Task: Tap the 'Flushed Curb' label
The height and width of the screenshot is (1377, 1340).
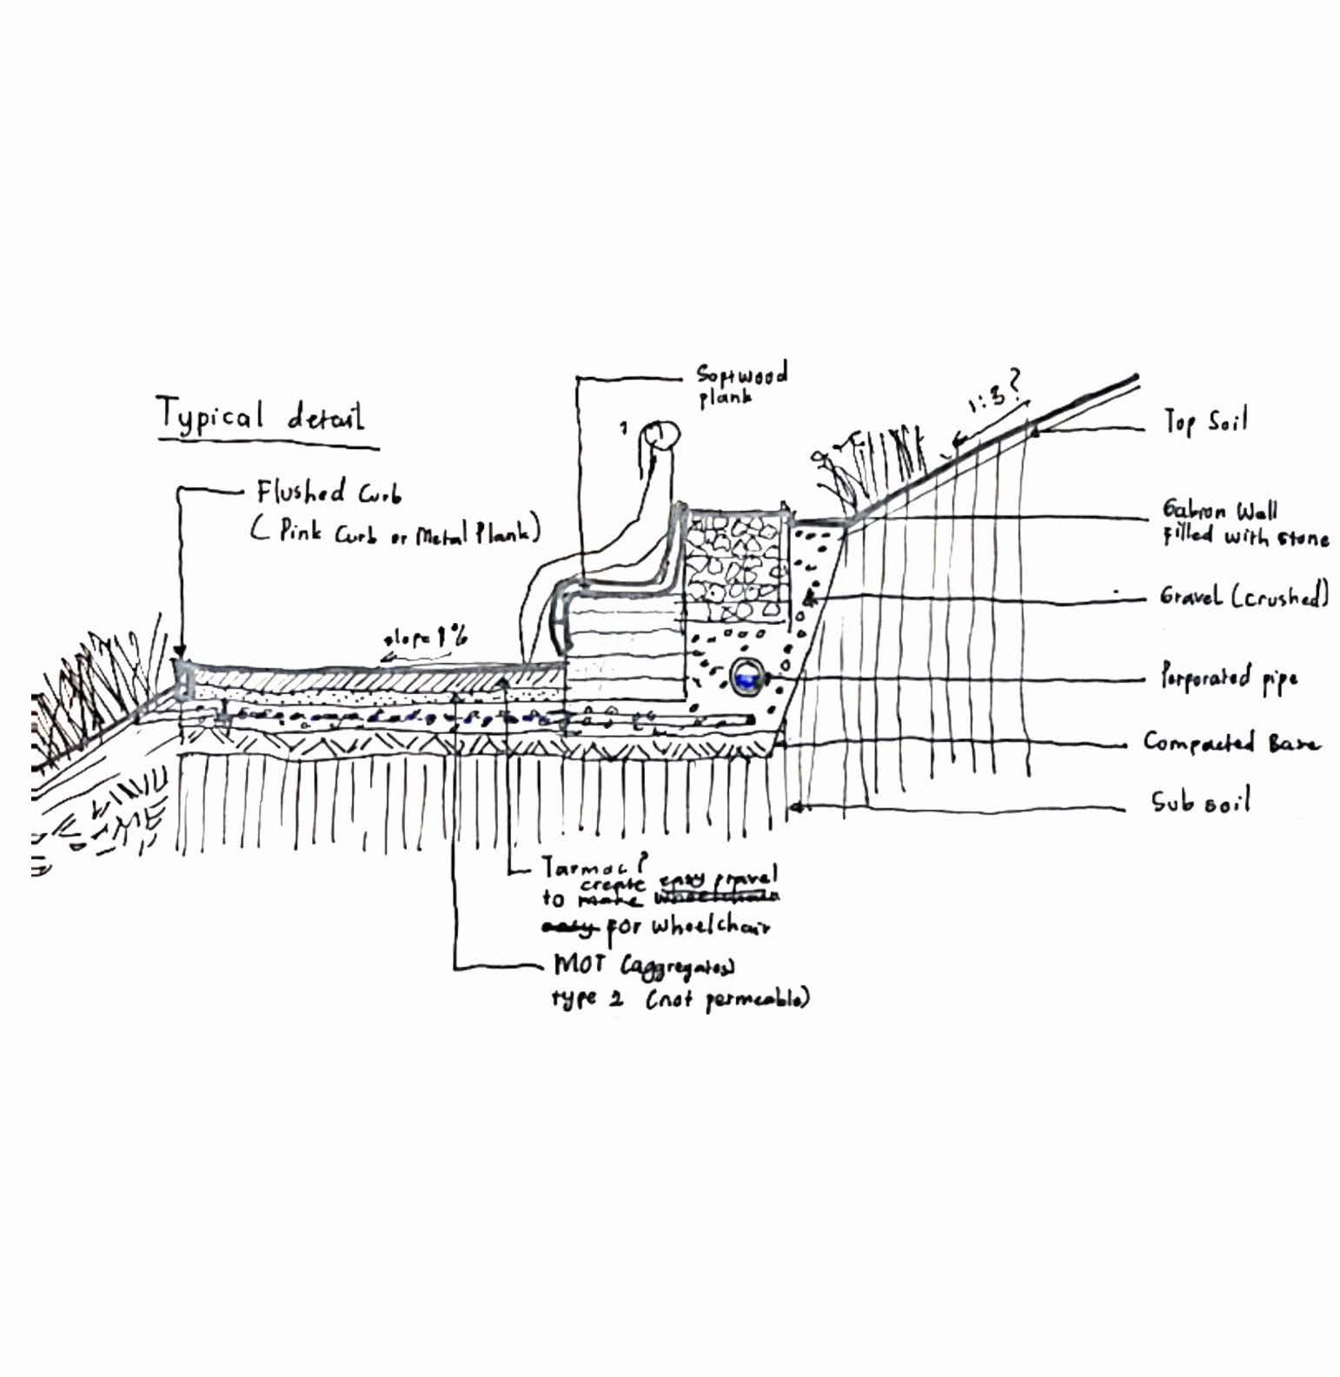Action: [328, 494]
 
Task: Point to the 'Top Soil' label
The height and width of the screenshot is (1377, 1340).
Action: [1205, 422]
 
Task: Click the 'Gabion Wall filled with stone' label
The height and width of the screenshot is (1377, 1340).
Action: [1244, 523]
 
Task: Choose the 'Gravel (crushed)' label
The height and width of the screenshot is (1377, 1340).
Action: [1244, 596]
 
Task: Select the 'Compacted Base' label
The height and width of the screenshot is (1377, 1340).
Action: [1231, 743]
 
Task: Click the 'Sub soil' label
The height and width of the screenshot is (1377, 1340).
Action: [1200, 802]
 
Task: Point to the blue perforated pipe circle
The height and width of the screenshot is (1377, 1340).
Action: [745, 677]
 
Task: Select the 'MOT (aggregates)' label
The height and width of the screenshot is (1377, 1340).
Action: [644, 966]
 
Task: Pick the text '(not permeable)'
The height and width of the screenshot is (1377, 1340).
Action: [727, 998]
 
